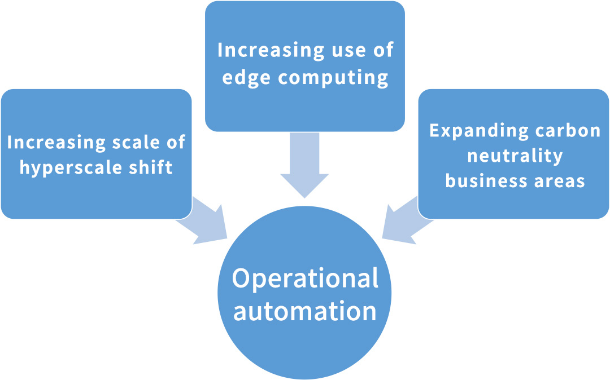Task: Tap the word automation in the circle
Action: pyautogui.click(x=305, y=311)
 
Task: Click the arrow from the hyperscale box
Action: pyautogui.click(x=203, y=220)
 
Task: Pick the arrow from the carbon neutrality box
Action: pyautogui.click(x=406, y=220)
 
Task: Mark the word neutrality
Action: pyautogui.click(x=515, y=156)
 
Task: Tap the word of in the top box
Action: pyautogui.click(x=382, y=50)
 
